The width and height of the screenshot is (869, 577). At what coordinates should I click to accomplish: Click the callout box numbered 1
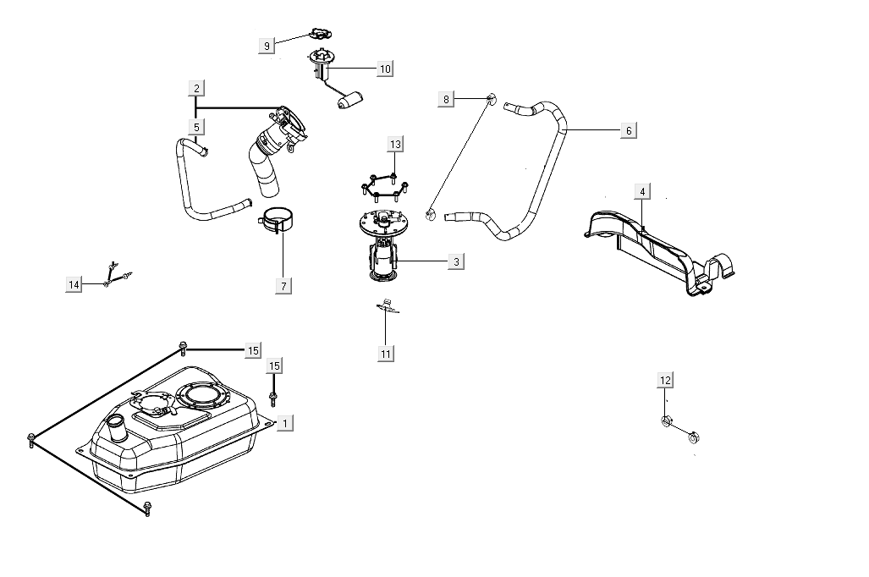pos(284,422)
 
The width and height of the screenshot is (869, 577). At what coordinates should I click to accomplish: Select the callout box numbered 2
pos(196,88)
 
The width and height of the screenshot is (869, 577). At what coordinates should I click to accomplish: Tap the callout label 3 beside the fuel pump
pos(456,262)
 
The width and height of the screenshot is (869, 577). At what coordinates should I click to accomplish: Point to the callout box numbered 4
pos(642,192)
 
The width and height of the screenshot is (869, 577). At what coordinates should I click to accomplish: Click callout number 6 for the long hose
pos(627,130)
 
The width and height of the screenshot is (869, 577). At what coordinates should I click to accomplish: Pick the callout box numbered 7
pos(283,285)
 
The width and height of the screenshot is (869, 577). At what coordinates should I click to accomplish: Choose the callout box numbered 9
pos(267,46)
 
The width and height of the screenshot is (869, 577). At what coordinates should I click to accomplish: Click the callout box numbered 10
pos(385,69)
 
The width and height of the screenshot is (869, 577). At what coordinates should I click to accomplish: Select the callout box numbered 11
pos(386,354)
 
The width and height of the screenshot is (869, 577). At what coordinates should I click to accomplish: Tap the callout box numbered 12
pos(666,380)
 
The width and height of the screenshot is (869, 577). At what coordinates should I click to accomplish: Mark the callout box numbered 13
pos(395,144)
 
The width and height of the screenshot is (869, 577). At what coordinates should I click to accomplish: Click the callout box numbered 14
pos(74,285)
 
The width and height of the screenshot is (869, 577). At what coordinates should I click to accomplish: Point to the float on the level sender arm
pos(349,102)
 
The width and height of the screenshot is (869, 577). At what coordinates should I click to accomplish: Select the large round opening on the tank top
pos(202,394)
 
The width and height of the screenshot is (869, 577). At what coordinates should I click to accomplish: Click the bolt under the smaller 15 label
pos(273,398)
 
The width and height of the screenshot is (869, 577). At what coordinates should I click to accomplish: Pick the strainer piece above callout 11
pos(388,308)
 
